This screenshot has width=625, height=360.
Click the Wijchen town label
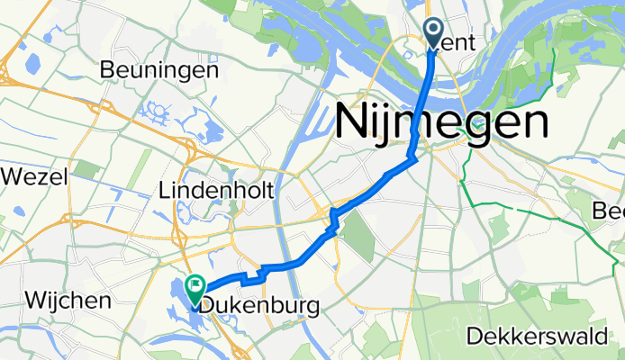(x=68, y=300)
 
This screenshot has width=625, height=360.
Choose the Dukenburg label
(x=259, y=306)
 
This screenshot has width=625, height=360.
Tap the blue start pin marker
(x=433, y=34)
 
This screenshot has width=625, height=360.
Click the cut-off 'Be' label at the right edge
(x=610, y=211)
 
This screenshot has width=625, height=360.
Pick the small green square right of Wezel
(x=86, y=168)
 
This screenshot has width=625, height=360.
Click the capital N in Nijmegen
(x=353, y=121)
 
